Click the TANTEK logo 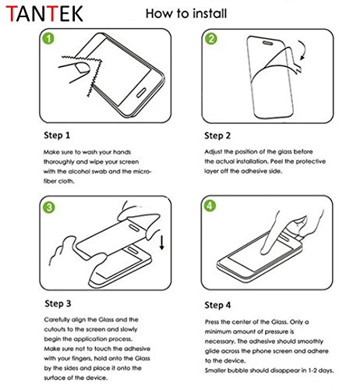click(44, 14)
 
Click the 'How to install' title click(186, 13)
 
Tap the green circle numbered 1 click(48, 38)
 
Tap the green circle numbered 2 click(211, 38)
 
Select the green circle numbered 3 click(49, 207)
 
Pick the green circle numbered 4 click(210, 206)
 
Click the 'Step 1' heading click(57, 136)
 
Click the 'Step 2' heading click(217, 136)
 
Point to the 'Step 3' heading click(58, 303)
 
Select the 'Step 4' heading click(217, 305)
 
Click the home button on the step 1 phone click(141, 93)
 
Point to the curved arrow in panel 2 click(302, 50)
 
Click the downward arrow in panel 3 click(162, 243)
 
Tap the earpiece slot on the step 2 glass click(267, 43)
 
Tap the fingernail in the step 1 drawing click(83, 67)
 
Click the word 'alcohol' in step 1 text click(79, 172)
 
